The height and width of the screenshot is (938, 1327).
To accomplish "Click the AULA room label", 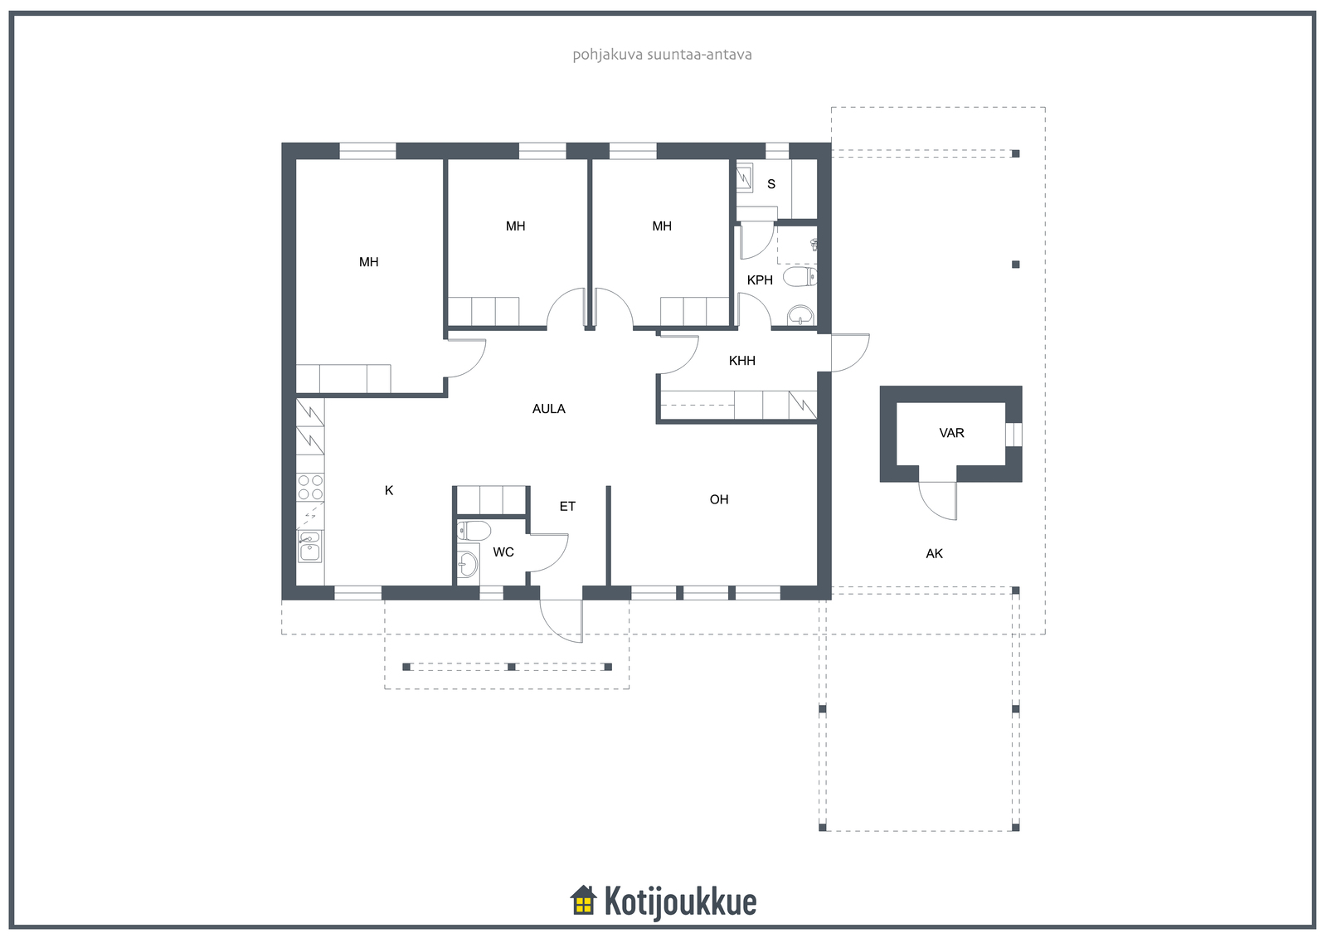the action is (x=548, y=409).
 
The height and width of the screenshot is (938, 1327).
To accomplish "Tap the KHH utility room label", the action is (x=741, y=361).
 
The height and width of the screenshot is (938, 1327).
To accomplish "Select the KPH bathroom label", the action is (x=760, y=280).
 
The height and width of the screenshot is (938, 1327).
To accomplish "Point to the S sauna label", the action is (x=770, y=184).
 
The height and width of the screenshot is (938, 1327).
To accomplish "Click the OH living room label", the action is (x=718, y=499).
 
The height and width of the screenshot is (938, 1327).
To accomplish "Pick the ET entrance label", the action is (x=567, y=507).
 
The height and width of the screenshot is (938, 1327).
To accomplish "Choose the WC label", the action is (x=503, y=552).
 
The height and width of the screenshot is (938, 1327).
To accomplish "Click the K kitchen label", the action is (x=389, y=491).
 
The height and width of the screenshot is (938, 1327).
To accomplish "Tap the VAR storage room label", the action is (x=951, y=433).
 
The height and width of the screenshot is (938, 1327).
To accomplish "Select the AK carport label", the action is (x=934, y=554).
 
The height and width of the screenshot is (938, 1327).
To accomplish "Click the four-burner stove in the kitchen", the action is (x=310, y=487).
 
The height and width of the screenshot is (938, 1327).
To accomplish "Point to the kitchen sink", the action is (x=309, y=546).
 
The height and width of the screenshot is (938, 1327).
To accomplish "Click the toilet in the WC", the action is (x=474, y=530).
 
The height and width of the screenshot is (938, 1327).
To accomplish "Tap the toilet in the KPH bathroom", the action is (x=800, y=277).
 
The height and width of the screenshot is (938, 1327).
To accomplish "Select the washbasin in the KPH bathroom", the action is (x=800, y=315).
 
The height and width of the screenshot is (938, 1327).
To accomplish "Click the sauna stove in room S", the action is (x=744, y=177).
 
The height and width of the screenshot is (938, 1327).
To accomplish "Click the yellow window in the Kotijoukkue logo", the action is (x=584, y=904).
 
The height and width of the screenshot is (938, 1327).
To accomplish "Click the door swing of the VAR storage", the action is (x=938, y=501).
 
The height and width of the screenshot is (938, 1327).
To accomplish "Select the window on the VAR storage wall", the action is (x=1013, y=435).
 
